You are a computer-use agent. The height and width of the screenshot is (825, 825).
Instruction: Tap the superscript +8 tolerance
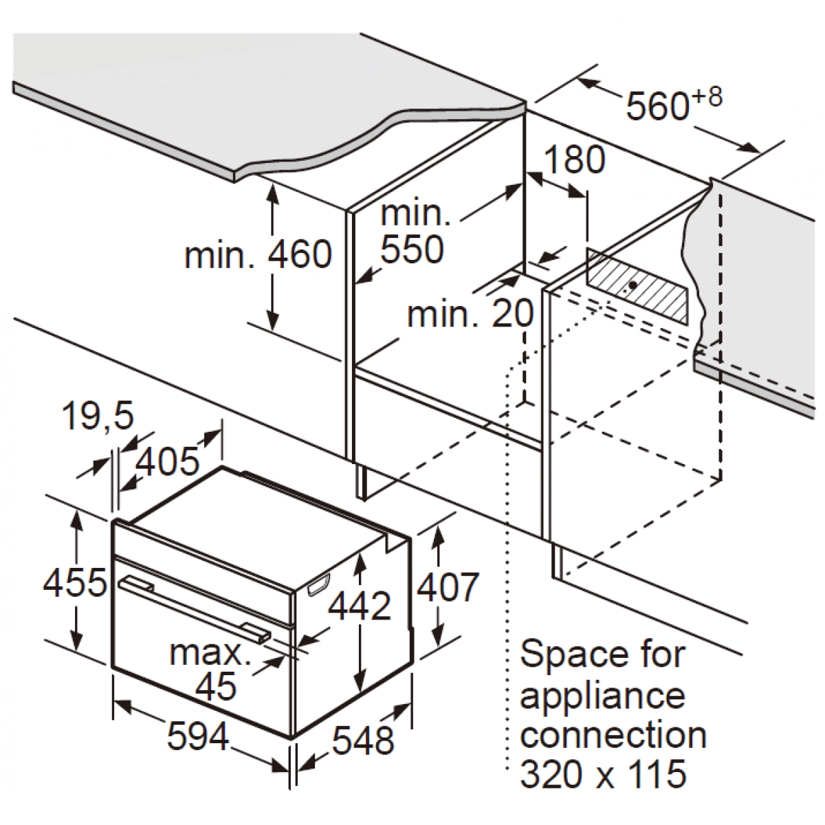(707, 97)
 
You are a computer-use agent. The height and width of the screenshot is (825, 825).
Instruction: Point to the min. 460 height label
(258, 254)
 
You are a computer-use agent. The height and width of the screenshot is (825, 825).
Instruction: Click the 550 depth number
(412, 249)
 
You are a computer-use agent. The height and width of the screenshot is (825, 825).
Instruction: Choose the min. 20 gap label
(470, 313)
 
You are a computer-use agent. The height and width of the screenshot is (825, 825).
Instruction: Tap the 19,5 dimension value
(98, 416)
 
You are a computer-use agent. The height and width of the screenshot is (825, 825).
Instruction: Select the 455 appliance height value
(74, 583)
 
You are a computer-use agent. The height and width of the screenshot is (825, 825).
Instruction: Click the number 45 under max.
(215, 685)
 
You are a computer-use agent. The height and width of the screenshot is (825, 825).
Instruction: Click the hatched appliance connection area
(637, 285)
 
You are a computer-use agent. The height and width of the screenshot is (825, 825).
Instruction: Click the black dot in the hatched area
(632, 285)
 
